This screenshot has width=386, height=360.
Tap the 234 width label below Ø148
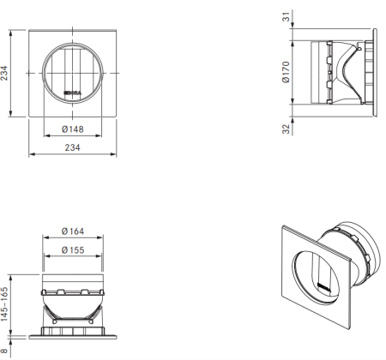74,147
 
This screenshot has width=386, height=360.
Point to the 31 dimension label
286,15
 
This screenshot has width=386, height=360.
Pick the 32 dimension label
286,130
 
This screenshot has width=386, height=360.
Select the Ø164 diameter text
74,231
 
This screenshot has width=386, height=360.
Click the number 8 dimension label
6,349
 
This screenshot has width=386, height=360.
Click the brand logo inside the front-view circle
74,89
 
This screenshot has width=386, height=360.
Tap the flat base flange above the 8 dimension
74,330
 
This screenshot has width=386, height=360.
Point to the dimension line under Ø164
74,240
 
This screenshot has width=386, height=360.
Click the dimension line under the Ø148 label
74,139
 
